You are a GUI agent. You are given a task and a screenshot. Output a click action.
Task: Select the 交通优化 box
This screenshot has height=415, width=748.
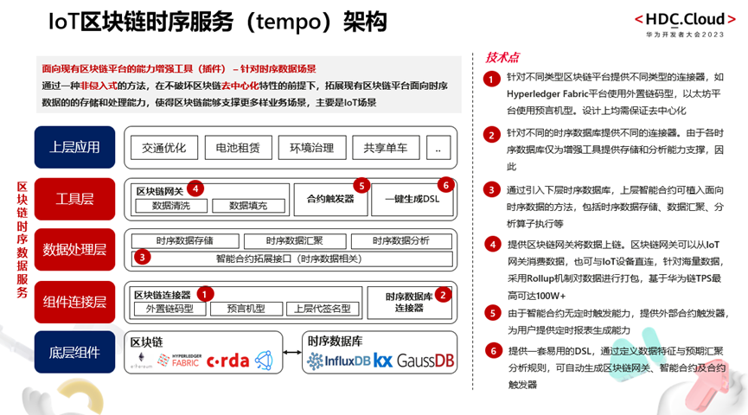pos(164,148)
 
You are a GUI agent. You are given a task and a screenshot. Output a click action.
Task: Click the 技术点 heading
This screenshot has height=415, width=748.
pos(503,57)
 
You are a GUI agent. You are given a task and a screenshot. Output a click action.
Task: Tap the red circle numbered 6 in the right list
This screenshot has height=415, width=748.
pos(491,351)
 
